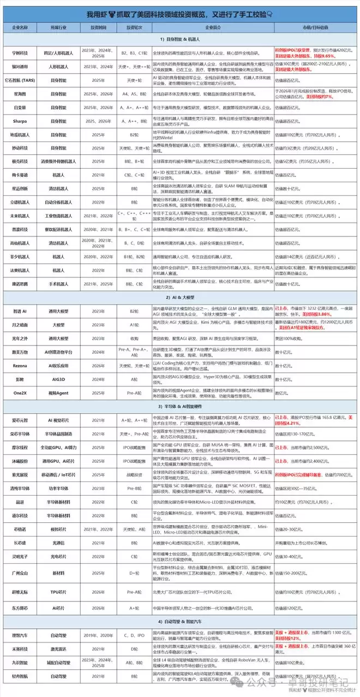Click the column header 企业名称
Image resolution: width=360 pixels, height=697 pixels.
coord(21,27)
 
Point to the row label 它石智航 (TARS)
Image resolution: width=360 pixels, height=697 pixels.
coord(21,80)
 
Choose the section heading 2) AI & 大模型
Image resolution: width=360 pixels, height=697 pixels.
coord(180,298)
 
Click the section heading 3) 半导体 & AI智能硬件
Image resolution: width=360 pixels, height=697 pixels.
coord(180,406)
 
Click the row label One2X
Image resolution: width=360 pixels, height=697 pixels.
coord(21,392)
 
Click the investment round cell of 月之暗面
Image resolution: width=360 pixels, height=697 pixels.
coord(134,324)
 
